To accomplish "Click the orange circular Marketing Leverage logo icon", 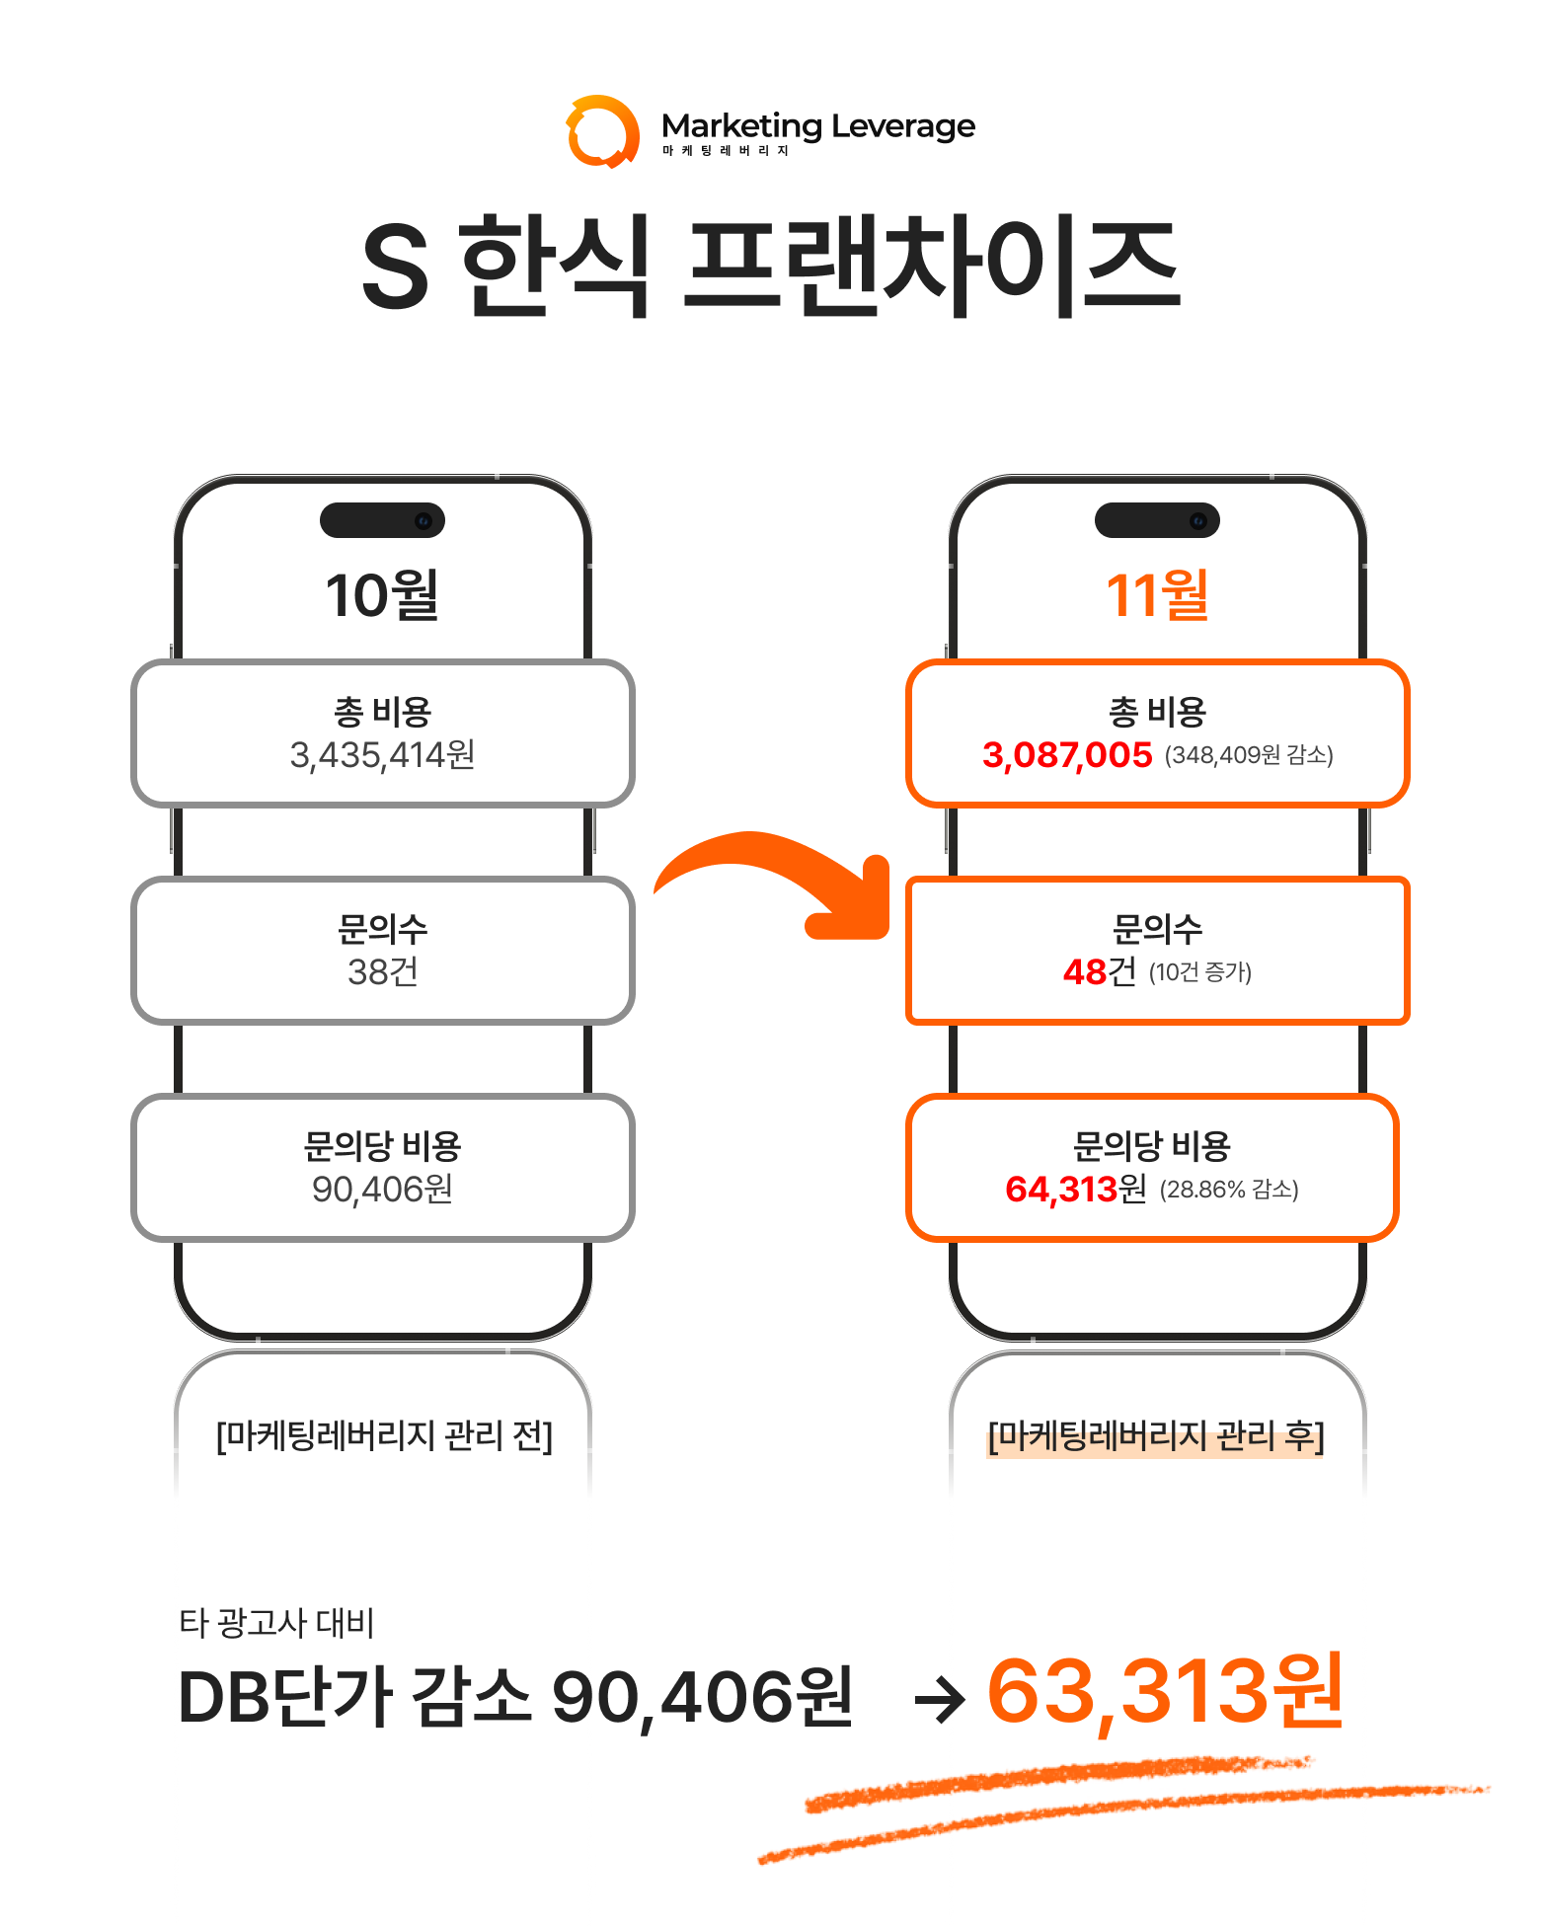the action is click(x=602, y=131).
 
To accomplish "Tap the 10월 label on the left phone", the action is click(x=382, y=595).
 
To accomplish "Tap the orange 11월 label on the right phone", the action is click(x=1157, y=595).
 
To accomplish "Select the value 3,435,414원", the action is click(x=382, y=755).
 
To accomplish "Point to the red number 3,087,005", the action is click(x=1067, y=755).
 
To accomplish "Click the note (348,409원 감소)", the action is click(x=1249, y=755).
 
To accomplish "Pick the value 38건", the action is click(x=382, y=972).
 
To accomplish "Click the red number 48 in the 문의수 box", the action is click(x=1084, y=972).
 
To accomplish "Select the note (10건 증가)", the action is click(x=1200, y=972).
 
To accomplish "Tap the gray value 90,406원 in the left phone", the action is click(x=382, y=1190).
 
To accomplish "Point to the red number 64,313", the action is click(x=1061, y=1190).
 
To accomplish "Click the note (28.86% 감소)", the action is click(x=1229, y=1190).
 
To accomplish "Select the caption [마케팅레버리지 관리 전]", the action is click(x=384, y=1435).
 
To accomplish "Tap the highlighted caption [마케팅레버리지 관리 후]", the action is click(x=1156, y=1435).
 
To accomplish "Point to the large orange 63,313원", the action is click(x=1165, y=1692).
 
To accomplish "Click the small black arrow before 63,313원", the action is click(x=940, y=1701).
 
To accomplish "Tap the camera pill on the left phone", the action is click(x=382, y=520).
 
